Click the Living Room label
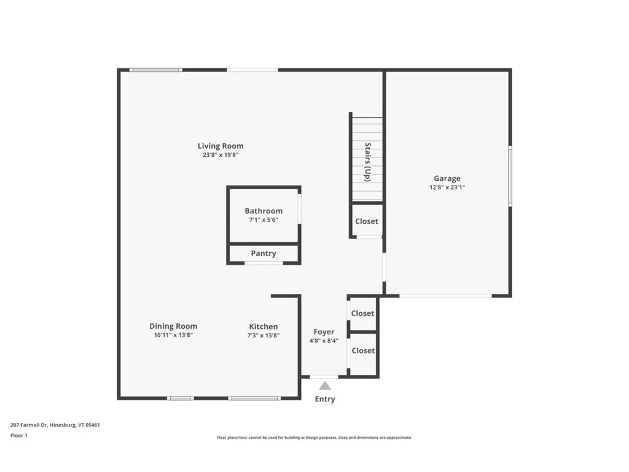[221, 146]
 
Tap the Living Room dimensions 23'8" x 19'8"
[221, 155]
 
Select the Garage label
[447, 178]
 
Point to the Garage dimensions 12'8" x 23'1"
[447, 188]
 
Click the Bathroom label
[264, 211]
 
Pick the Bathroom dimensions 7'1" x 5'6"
[264, 220]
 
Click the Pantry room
[264, 253]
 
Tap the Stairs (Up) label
[367, 162]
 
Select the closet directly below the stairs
[367, 221]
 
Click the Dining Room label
[173, 326]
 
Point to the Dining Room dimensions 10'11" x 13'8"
[173, 336]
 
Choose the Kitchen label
[263, 326]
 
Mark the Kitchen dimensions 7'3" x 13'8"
[263, 336]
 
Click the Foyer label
[324, 332]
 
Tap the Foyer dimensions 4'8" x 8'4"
[324, 341]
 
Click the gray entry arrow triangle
[325, 386]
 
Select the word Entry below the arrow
[325, 399]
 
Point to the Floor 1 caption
[19, 435]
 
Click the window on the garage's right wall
[509, 176]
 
